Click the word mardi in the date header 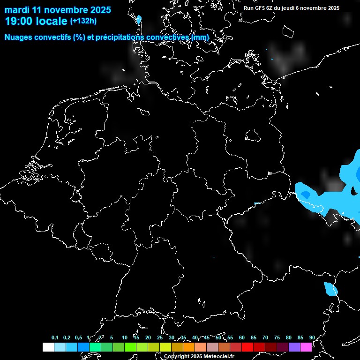tap(17, 10)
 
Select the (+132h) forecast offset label tap(83, 21)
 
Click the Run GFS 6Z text tap(260, 8)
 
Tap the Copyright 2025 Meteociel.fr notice tap(199, 356)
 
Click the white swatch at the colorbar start tap(48, 347)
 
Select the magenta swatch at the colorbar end tap(306, 347)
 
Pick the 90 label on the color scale tap(312, 337)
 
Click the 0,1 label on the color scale tap(55, 337)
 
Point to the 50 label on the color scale tap(218, 337)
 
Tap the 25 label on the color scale tap(160, 337)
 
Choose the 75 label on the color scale tap(277, 337)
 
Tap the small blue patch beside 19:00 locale tap(139, 20)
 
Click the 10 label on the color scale tap(125, 337)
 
